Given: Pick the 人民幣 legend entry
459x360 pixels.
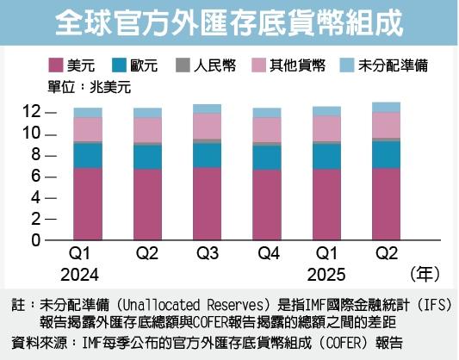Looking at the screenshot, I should click(202, 65).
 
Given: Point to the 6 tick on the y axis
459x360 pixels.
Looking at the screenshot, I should click(35, 176).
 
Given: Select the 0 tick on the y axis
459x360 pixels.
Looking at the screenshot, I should click(35, 240).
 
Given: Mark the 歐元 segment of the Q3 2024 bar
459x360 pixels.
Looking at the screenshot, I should click(207, 154).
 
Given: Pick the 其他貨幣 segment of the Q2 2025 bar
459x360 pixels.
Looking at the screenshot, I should click(385, 125).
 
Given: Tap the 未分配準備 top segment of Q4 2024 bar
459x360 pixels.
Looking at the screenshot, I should click(266, 112).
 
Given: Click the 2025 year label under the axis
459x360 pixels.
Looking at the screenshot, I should click(326, 276).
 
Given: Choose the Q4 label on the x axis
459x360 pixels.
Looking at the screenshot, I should click(266, 256).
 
